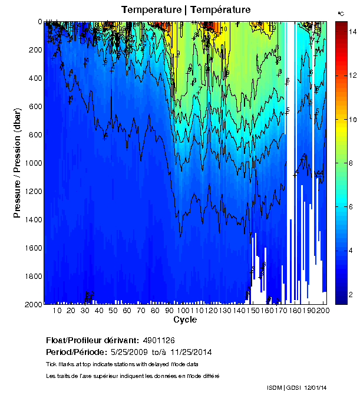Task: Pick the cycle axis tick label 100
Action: click(x=183, y=310)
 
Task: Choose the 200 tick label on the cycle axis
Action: click(x=322, y=310)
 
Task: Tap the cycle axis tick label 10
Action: click(x=57, y=310)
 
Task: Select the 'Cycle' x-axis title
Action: click(x=185, y=320)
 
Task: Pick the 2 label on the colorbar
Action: click(x=351, y=294)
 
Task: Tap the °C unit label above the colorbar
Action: click(x=341, y=13)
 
